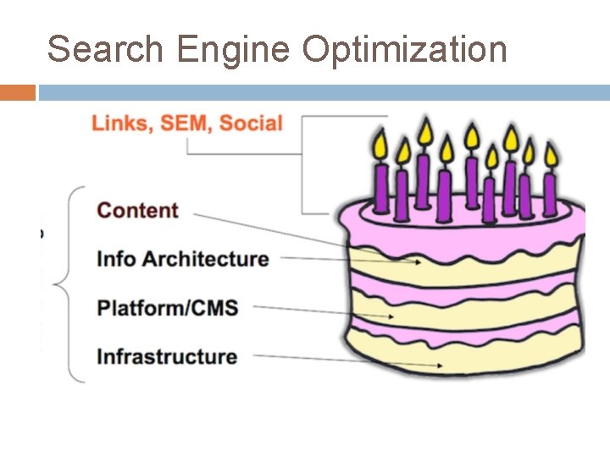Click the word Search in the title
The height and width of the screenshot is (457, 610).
[106, 50]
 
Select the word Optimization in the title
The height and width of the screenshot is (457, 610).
[404, 50]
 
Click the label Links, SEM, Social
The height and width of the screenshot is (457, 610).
[186, 124]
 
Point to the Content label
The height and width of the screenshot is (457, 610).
[138, 211]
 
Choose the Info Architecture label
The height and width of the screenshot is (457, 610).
[183, 259]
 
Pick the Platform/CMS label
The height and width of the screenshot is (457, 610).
[168, 307]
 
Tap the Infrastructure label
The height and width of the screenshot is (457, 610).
[167, 355]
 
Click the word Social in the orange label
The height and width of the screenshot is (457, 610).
[251, 124]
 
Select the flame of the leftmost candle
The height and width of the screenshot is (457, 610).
[380, 144]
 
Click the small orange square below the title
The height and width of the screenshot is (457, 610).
[18, 92]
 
